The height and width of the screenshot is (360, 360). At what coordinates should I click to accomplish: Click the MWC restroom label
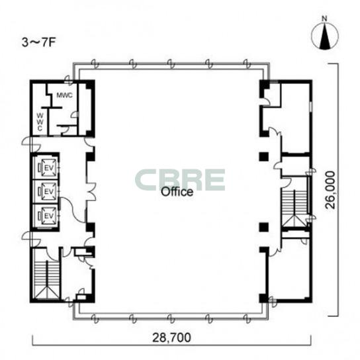(x=64, y=95)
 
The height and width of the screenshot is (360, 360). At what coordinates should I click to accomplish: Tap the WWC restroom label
(x=40, y=122)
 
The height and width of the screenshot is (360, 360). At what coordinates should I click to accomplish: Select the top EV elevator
(x=48, y=168)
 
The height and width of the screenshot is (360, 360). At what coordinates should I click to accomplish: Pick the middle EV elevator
(x=48, y=191)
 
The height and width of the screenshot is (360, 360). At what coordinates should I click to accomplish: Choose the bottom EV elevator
(x=48, y=216)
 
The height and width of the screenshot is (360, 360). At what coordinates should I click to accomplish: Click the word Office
(x=177, y=192)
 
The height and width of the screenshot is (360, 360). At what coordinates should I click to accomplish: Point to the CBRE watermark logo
(x=180, y=180)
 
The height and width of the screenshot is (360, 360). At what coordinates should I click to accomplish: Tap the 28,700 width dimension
(x=171, y=337)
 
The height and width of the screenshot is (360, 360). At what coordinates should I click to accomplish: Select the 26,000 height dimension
(x=331, y=190)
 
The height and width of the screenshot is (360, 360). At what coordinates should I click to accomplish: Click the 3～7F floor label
(x=39, y=43)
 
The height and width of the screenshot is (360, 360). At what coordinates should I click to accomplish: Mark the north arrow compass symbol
(x=325, y=36)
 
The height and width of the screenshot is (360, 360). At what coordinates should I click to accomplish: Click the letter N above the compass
(x=324, y=19)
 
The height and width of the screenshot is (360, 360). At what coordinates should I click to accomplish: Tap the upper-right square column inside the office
(x=264, y=156)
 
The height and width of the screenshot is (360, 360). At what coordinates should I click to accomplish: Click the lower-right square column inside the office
(x=264, y=227)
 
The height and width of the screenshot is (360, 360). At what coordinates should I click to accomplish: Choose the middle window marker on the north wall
(x=171, y=64)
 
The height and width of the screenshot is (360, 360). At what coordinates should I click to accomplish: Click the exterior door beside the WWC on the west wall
(x=31, y=144)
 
